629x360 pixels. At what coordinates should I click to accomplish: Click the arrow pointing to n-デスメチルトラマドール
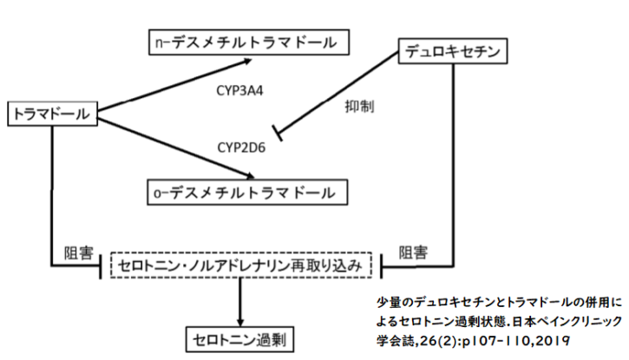[x=174, y=87]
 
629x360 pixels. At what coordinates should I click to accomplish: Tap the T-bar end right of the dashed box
[x=383, y=265]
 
